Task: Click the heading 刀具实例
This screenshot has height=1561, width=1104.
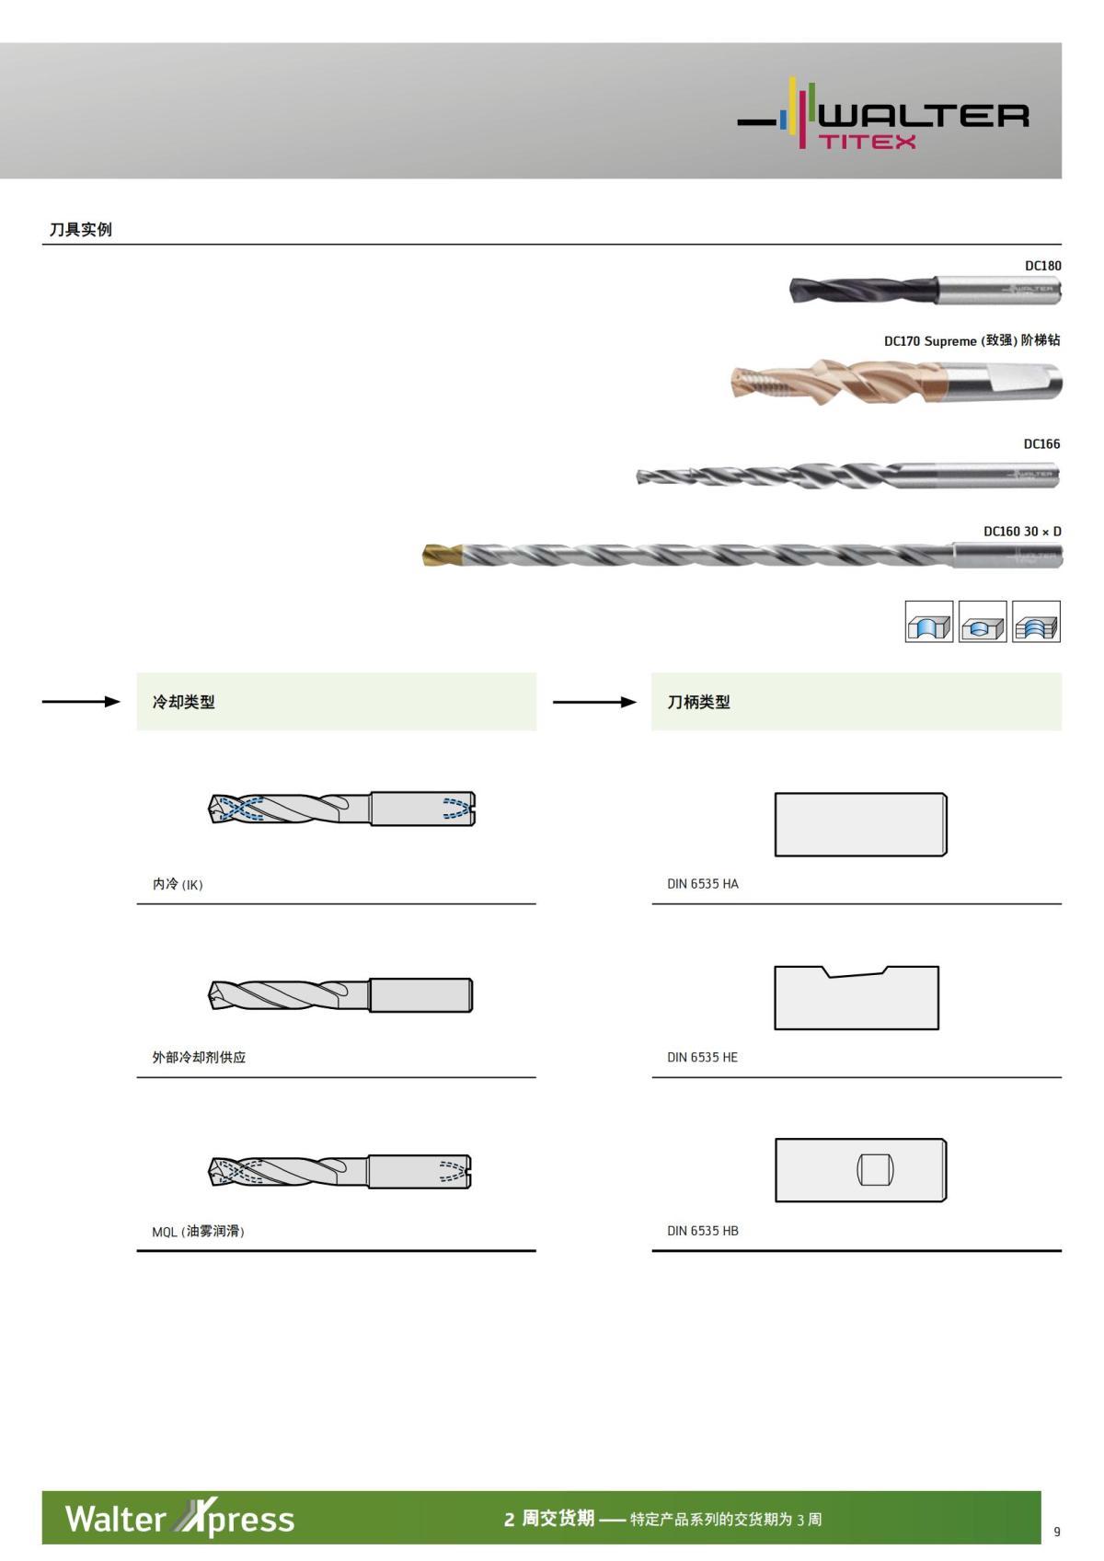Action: point(81,229)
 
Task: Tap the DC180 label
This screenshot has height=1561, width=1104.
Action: point(1042,266)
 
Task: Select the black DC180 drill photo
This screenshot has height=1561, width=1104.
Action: point(925,290)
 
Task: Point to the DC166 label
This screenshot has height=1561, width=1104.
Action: point(1041,443)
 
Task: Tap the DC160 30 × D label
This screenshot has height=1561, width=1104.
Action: point(1021,532)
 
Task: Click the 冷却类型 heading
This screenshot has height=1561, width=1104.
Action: point(184,702)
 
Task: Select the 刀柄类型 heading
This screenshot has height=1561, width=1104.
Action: point(699,702)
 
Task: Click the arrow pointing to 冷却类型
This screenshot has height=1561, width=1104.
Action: point(81,702)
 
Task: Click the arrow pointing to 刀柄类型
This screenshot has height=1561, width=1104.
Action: point(594,702)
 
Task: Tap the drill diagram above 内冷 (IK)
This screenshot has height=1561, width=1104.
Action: point(341,809)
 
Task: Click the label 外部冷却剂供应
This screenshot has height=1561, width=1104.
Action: point(199,1057)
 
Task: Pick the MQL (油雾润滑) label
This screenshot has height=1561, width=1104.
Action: point(198,1231)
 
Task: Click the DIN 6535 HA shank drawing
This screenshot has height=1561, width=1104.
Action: point(860,824)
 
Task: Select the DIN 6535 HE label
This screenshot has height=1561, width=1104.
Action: point(702,1057)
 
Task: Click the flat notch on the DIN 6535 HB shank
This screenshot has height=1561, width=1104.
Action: point(875,1169)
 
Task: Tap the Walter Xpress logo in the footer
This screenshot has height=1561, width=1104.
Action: point(180,1518)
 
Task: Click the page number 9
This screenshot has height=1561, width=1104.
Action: point(1056,1532)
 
